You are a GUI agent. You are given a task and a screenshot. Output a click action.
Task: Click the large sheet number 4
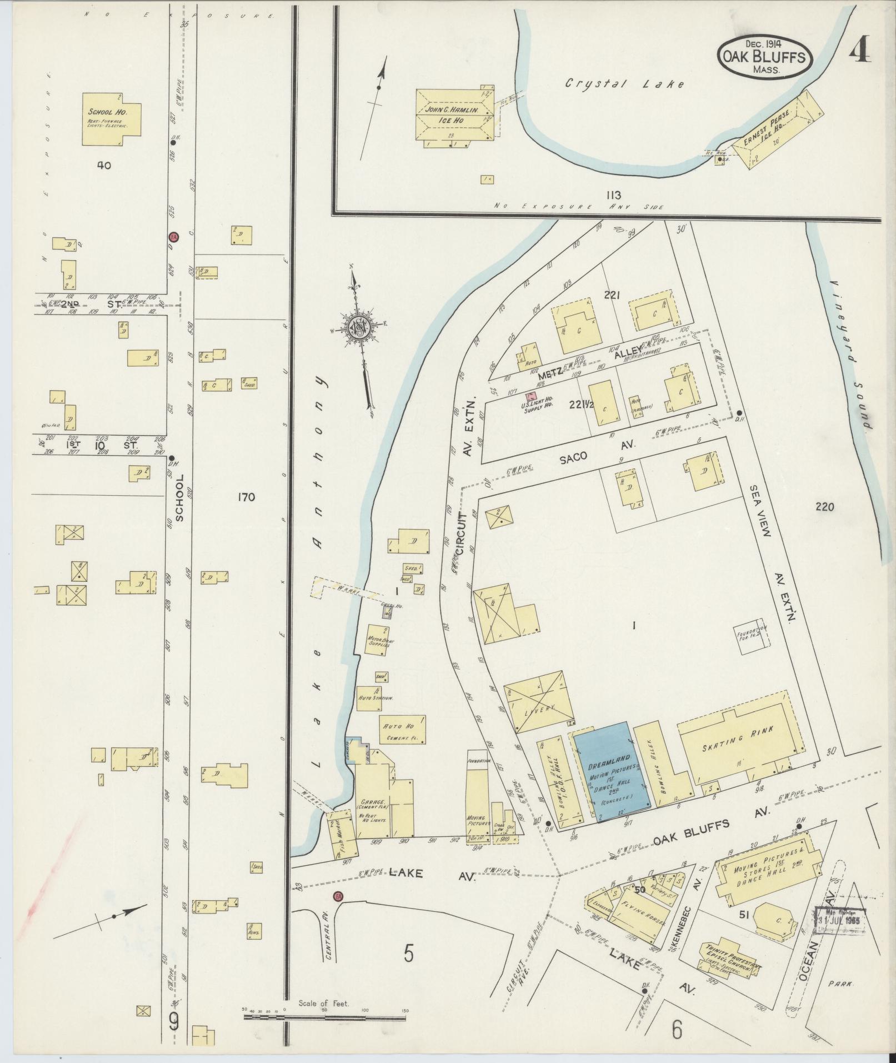coord(859,52)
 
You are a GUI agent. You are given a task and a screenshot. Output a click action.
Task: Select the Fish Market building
coord(341,834)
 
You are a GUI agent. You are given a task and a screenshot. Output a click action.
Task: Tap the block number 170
coord(246,497)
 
